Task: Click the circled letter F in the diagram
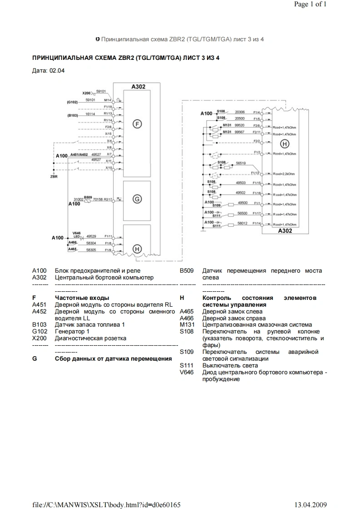tap(137, 123)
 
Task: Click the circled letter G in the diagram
tap(137, 198)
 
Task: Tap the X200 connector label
tap(87, 93)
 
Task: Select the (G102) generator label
tap(73, 102)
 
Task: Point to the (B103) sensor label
tap(73, 115)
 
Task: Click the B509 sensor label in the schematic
tap(88, 196)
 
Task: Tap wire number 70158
tap(97, 199)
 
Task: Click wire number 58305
tap(91, 250)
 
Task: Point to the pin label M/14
tap(107, 99)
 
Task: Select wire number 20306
tap(240, 112)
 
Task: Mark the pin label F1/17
tap(256, 213)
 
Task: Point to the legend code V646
tap(187, 372)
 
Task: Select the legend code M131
tap(187, 325)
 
